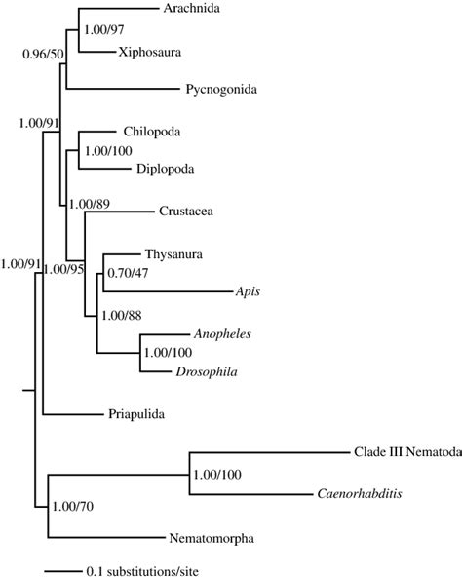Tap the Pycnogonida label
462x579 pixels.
coord(220,90)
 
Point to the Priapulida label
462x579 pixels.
coord(135,414)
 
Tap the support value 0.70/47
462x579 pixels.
coord(126,274)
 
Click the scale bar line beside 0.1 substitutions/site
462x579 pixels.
coord(62,570)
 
